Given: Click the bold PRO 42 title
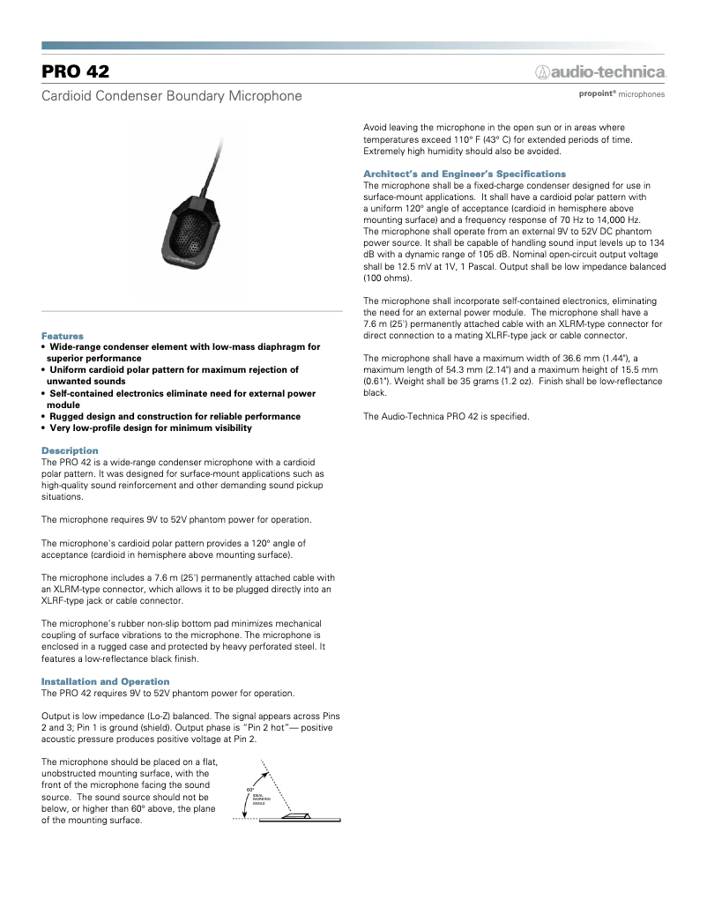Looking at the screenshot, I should (76, 71).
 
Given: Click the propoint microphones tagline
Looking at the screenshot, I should (621, 93).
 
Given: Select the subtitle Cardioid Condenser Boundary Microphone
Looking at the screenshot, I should (172, 95).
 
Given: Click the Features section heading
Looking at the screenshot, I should (63, 336).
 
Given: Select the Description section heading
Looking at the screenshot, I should (70, 450).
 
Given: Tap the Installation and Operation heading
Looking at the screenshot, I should (106, 681).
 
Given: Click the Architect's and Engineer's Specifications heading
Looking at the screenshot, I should (465, 174).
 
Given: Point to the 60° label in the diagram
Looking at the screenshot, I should (250, 789).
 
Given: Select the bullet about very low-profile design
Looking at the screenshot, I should (150, 427).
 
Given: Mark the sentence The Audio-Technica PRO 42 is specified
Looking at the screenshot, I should (446, 416).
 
